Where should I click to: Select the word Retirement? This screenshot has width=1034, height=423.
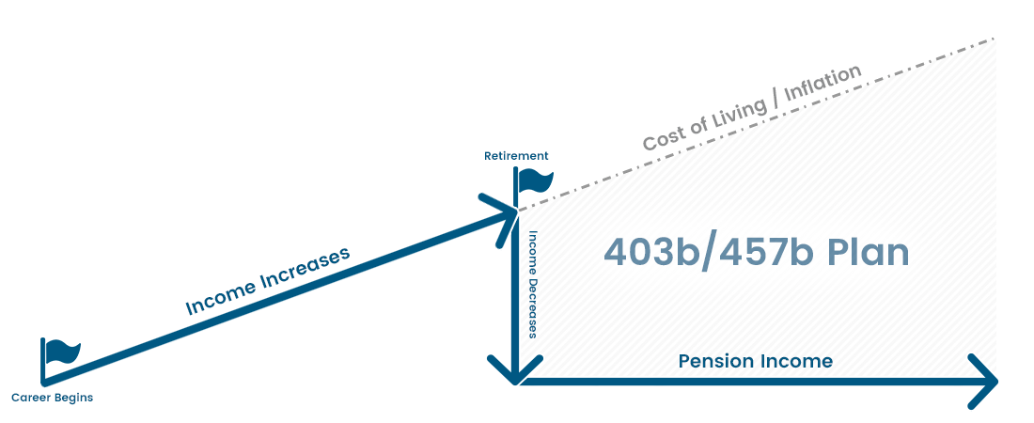(516, 156)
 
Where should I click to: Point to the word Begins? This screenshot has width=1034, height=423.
(72, 398)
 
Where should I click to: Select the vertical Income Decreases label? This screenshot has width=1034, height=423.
(532, 284)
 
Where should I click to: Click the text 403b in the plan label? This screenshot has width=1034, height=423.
(650, 253)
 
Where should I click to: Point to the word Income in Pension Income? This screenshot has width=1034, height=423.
(799, 361)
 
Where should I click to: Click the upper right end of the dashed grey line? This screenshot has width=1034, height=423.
(992, 39)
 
